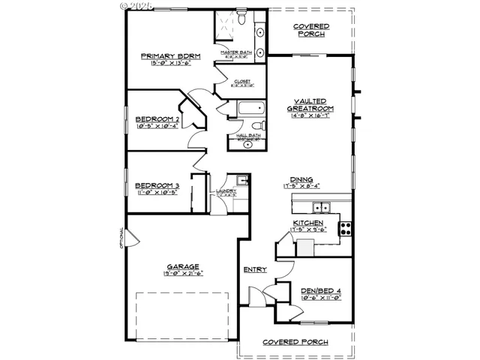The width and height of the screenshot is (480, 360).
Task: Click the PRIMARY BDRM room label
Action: pyautogui.click(x=167, y=56)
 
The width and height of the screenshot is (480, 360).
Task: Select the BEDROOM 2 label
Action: pyautogui.click(x=157, y=119)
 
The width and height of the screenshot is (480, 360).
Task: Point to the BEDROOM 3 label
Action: pyautogui.click(x=157, y=186)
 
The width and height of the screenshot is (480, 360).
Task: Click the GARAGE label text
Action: pyautogui.click(x=182, y=266)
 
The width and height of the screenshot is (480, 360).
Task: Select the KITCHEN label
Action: pyautogui.click(x=308, y=223)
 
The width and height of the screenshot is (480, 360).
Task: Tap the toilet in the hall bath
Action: pyautogui.click(x=255, y=126)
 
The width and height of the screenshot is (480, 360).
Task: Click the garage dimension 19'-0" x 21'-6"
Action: pyautogui.click(x=182, y=274)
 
